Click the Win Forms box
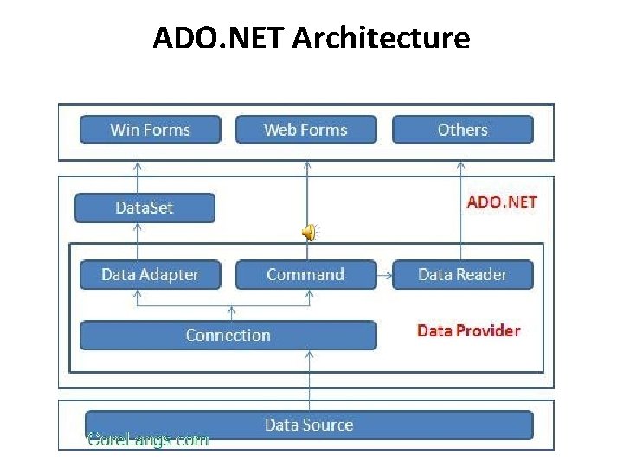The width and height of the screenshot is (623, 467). pyautogui.click(x=150, y=130)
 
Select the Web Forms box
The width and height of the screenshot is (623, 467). pyautogui.click(x=305, y=130)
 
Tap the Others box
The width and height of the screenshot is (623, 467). pyautogui.click(x=462, y=130)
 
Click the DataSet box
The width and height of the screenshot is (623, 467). pyautogui.click(x=145, y=208)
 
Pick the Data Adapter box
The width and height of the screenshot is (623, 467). pyautogui.click(x=150, y=275)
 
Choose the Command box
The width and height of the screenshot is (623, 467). pyautogui.click(x=305, y=275)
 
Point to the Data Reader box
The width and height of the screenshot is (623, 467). pyautogui.click(x=462, y=275)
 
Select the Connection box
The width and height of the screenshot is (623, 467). pyautogui.click(x=228, y=336)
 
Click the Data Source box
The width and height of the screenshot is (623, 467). pyautogui.click(x=308, y=425)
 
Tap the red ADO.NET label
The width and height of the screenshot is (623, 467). pyautogui.click(x=502, y=202)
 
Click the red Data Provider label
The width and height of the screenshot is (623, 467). pyautogui.click(x=468, y=330)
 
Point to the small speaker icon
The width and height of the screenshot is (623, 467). pyautogui.click(x=309, y=231)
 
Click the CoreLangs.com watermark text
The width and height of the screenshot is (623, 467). pyautogui.click(x=148, y=440)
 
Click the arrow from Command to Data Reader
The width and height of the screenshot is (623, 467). pyautogui.click(x=385, y=275)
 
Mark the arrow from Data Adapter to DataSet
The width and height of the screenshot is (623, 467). pyautogui.click(x=138, y=242)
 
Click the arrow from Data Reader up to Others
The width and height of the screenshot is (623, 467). pyautogui.click(x=461, y=208)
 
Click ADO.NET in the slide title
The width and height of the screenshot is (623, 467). pyautogui.click(x=220, y=38)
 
